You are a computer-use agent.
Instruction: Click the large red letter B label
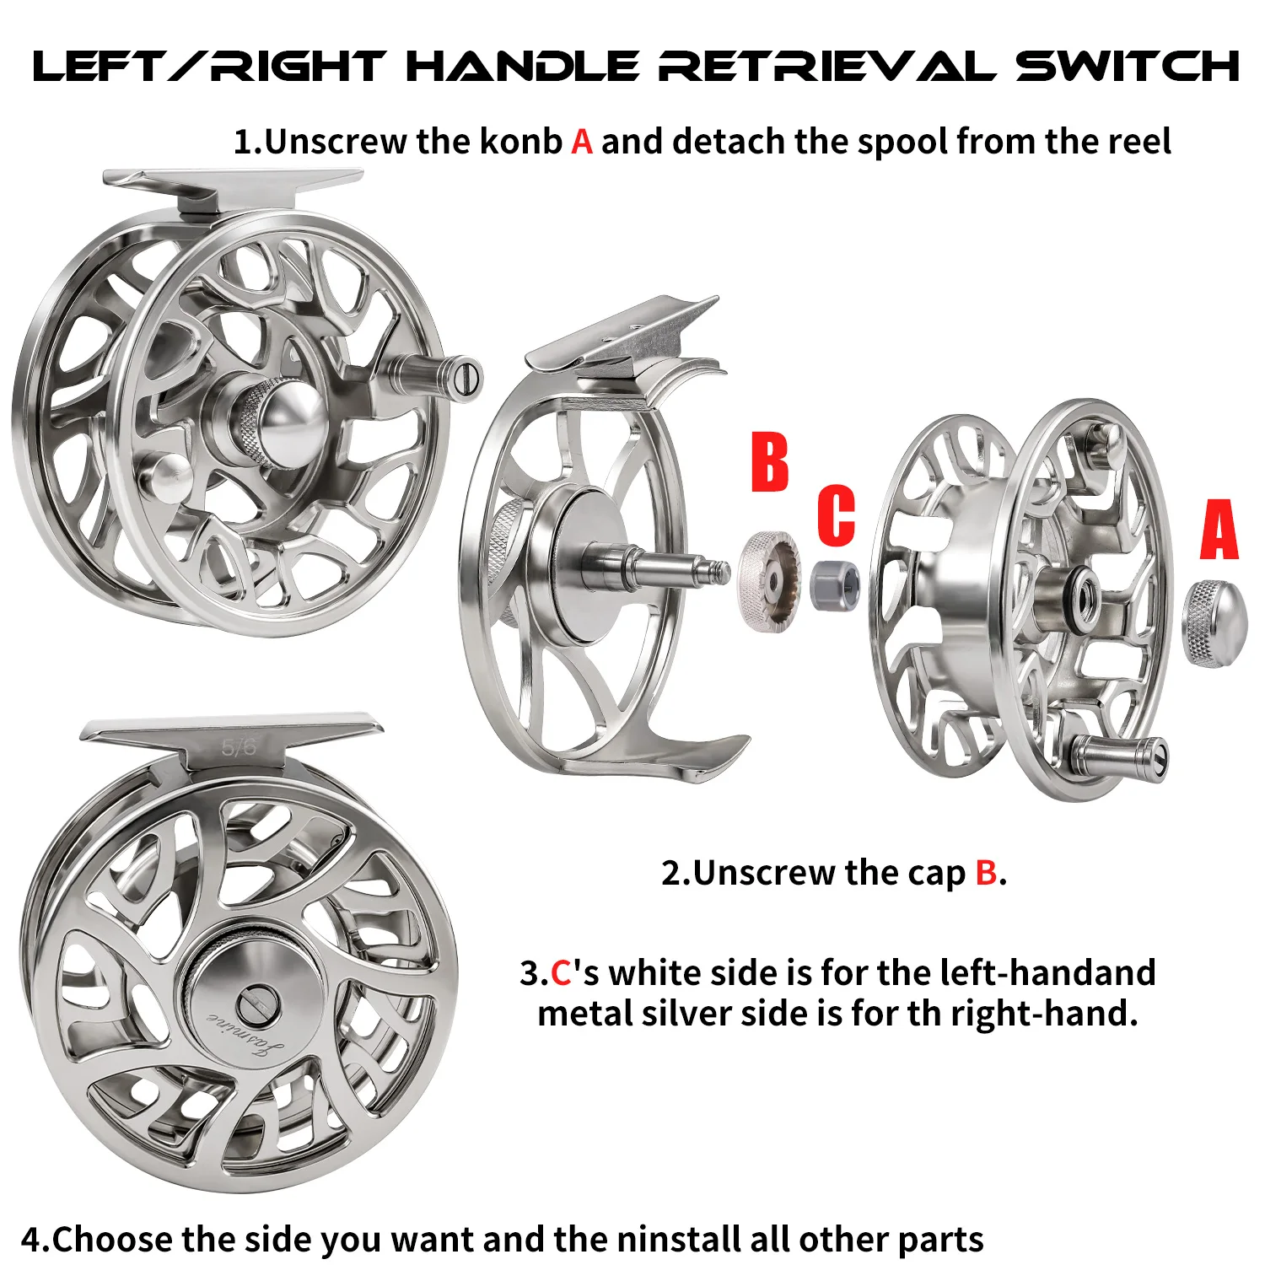tap(770, 461)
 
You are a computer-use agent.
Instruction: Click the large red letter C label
tap(836, 514)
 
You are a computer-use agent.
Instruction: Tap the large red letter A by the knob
tap(1219, 529)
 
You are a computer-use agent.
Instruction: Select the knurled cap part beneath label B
tap(769, 580)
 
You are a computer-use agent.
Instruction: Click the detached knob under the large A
tap(1215, 623)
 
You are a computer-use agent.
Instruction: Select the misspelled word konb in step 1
tap(520, 141)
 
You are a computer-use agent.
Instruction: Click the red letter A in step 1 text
tap(582, 142)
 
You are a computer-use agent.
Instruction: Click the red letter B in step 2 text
tap(986, 873)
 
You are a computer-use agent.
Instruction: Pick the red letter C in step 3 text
tap(561, 973)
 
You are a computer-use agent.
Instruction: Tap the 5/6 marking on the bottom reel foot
tap(239, 747)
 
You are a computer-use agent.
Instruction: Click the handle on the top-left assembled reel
tap(433, 373)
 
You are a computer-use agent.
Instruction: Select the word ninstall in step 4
tap(681, 1239)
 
